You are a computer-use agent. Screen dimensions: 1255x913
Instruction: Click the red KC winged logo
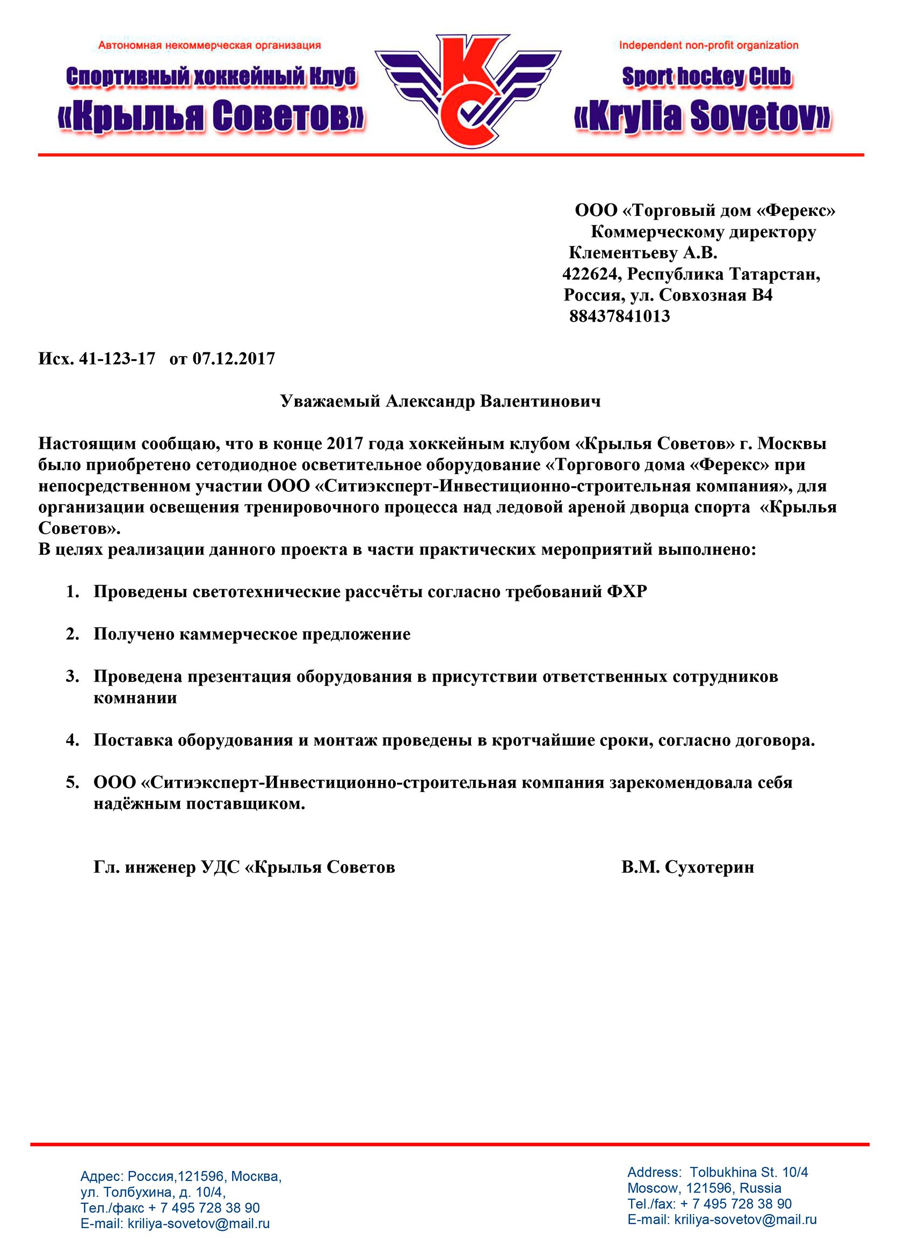coord(468,91)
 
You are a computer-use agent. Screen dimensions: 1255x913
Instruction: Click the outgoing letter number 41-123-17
coord(117,359)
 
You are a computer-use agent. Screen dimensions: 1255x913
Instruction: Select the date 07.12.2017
coord(234,359)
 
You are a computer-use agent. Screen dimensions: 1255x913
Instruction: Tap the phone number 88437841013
coord(619,316)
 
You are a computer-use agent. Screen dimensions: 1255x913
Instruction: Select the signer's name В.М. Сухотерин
coord(687,867)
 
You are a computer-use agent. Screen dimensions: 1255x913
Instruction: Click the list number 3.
coord(73,676)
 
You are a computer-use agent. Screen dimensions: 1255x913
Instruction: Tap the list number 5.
coord(73,782)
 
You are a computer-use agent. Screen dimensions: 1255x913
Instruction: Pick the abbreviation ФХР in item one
coord(627,592)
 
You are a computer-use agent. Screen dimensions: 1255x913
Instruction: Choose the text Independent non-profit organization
coord(708,45)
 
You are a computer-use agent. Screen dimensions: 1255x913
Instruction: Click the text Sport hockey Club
coord(707,77)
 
